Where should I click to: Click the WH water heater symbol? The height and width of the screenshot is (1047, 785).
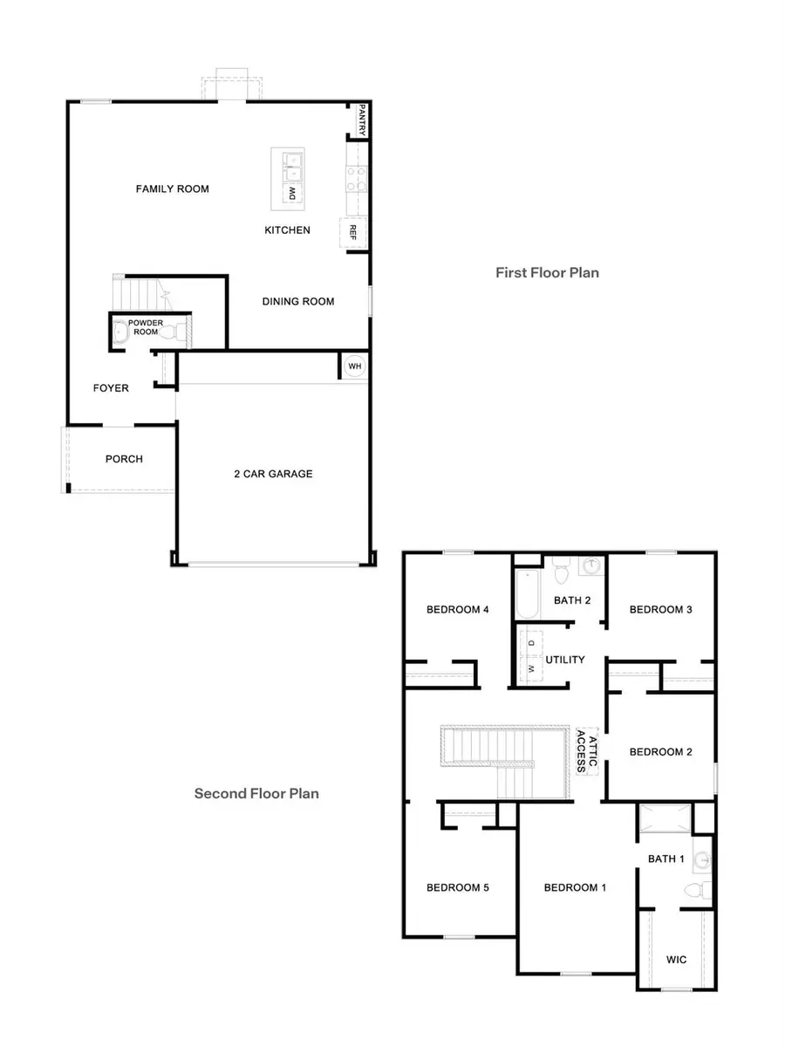coord(354,366)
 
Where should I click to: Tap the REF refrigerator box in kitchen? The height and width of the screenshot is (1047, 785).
coord(353,231)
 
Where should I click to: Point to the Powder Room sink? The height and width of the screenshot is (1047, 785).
coord(120,332)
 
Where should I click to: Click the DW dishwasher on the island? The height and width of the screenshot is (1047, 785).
coord(290,193)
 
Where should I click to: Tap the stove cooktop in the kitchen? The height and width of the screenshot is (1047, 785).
coord(355,179)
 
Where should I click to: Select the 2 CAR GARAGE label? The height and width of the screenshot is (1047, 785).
coord(273,474)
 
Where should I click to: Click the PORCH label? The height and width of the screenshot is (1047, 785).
coord(124,459)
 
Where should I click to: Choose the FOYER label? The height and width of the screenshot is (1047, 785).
coord(112,388)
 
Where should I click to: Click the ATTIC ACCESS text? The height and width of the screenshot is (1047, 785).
coord(587,751)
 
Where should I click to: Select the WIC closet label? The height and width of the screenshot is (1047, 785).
coord(676,960)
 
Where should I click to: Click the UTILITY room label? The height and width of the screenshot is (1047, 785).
coord(565,660)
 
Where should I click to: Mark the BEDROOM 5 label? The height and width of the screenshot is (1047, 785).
coord(457,887)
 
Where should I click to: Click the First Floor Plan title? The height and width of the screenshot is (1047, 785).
coord(547,272)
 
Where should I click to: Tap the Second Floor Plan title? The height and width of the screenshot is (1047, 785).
coord(256,793)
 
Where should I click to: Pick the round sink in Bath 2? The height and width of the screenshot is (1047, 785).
coord(591,566)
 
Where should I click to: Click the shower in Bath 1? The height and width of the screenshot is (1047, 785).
coord(665,820)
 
